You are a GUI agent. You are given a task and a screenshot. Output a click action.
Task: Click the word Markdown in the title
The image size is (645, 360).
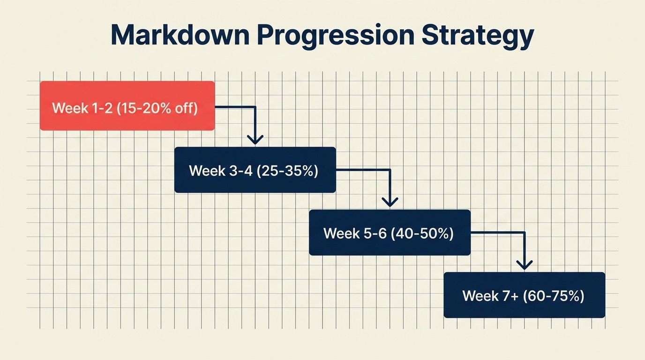point(181,36)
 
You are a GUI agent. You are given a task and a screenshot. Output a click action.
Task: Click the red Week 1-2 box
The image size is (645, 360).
point(127,106)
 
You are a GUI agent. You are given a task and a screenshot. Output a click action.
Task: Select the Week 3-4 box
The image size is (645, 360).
point(255,170)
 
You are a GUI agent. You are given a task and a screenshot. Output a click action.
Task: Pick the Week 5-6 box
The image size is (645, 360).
point(390,232)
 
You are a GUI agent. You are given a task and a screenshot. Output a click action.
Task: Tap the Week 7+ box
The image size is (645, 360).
point(524,295)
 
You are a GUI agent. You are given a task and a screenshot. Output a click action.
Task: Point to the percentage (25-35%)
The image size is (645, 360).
point(287,171)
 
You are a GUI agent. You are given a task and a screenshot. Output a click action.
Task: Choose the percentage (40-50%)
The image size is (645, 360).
point(423,233)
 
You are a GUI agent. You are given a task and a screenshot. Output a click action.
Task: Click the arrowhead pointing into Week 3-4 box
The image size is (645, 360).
point(255,140)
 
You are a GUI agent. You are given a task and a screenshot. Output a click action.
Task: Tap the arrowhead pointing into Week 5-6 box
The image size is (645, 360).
point(390,202)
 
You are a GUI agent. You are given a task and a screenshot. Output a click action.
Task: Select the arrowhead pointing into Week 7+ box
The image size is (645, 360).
point(524,265)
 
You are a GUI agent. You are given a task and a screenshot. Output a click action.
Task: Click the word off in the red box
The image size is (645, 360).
point(186,108)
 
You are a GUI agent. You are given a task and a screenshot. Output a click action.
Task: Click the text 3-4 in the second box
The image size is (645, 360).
point(240,171)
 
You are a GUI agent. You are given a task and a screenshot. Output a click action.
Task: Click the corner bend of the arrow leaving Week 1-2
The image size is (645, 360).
point(255,107)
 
